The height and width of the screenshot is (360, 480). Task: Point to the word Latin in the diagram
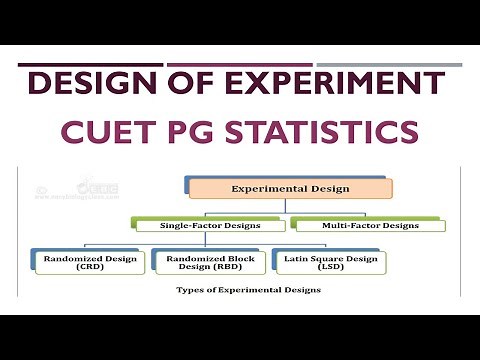click(x=290, y=257)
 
